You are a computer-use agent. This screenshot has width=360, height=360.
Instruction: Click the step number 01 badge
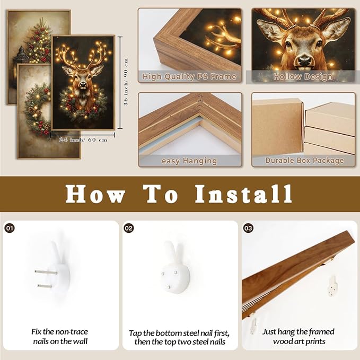10,228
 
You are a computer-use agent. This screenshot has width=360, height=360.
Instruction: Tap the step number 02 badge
129,228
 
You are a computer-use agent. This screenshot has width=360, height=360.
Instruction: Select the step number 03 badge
248,228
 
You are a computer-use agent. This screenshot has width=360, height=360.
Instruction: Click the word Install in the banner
243,194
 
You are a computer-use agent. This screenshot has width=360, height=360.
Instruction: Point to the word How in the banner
95,194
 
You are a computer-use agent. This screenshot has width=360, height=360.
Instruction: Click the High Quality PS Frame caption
189,76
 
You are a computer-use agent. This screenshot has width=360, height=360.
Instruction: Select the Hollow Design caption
303,77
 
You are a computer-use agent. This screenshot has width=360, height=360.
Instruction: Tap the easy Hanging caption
189,161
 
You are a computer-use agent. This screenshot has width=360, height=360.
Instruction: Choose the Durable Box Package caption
304,160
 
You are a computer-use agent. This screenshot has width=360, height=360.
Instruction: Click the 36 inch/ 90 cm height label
126,82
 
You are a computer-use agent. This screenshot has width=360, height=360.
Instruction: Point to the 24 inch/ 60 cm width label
83,140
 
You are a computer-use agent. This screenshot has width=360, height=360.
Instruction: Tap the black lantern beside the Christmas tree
21,56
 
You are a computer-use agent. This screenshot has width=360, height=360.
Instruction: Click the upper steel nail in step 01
46,273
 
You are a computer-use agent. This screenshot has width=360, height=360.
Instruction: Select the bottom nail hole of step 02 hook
169,287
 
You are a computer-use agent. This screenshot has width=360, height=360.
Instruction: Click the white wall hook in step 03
332,286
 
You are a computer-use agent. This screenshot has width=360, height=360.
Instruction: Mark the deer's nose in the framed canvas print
83,85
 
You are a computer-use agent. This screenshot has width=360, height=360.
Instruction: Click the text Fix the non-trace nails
60,336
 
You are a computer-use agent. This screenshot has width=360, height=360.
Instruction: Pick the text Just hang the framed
298,332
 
